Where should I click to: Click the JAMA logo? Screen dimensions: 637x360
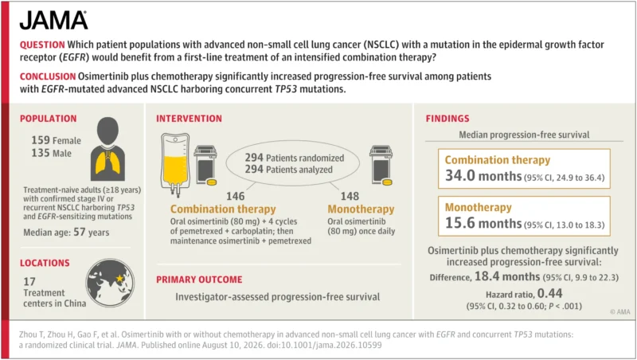(53, 21)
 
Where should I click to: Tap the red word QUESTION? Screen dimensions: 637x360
(42, 45)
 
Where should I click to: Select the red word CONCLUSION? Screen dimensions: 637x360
(48, 76)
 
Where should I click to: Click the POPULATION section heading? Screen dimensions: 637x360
(49, 119)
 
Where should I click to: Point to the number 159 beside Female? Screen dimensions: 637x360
(41, 140)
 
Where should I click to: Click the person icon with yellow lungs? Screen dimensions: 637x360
(107, 149)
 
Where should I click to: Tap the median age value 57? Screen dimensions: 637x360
(79, 232)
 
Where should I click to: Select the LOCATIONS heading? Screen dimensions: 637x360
(45, 263)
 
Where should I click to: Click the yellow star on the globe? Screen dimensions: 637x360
(119, 278)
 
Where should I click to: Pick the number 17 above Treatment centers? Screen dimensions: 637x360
(29, 281)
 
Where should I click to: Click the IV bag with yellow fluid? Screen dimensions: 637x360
(175, 165)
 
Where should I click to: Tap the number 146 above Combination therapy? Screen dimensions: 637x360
(236, 196)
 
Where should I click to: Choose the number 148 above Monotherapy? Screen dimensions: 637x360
(350, 196)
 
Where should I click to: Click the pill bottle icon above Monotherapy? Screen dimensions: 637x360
(381, 166)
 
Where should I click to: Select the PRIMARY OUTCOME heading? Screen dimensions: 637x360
(199, 280)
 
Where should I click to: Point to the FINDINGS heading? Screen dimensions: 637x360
(447, 119)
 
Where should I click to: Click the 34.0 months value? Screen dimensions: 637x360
(483, 175)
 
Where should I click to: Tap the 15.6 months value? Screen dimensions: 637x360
(483, 223)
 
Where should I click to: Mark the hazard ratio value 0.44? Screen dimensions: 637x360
(549, 293)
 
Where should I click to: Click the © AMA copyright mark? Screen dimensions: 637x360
(620, 311)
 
